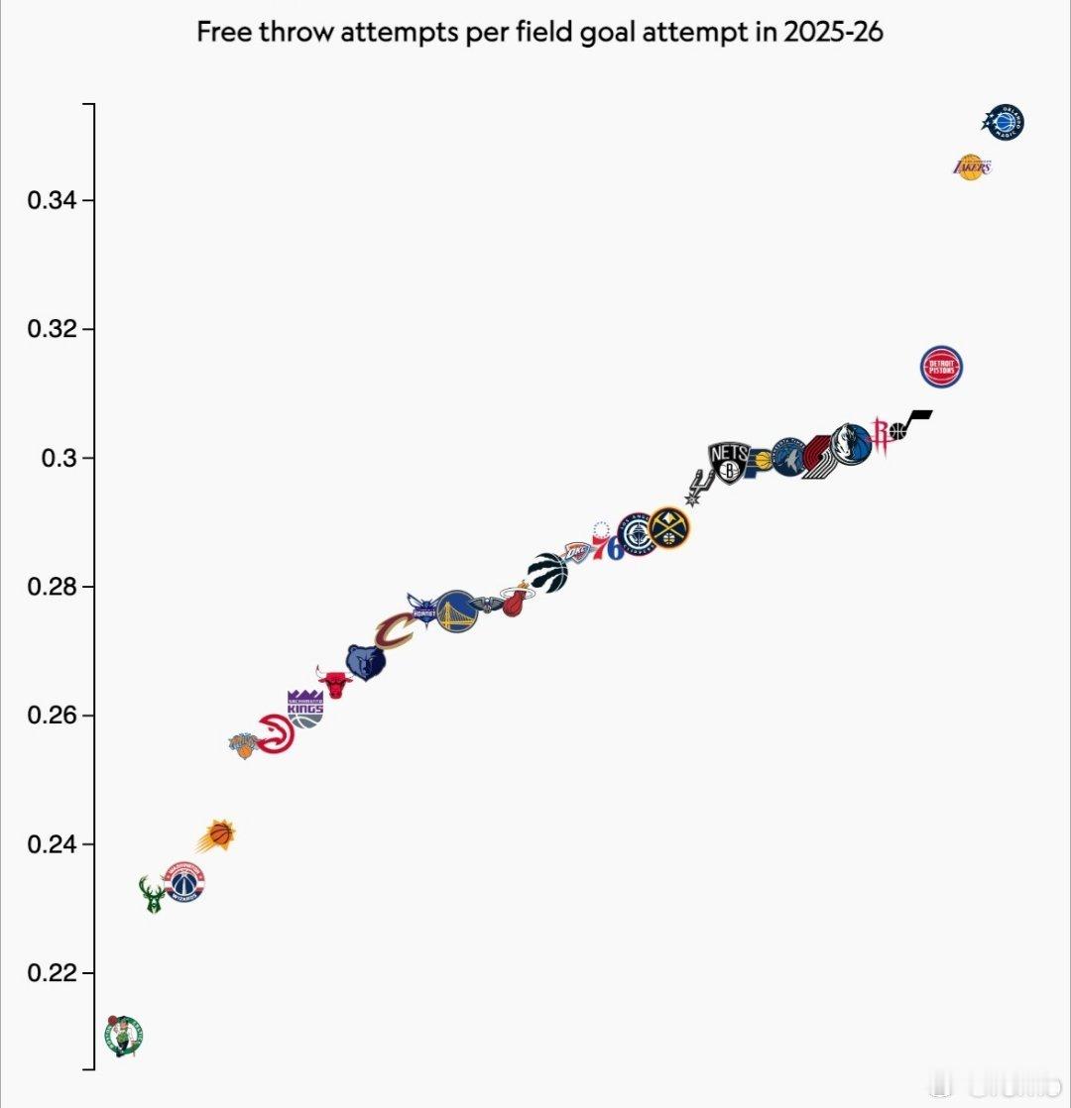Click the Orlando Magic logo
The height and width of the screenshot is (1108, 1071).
1004,123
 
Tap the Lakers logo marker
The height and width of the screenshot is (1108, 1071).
972,167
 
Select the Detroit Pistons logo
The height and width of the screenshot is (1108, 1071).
941,368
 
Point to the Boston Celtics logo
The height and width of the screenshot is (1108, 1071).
126,1036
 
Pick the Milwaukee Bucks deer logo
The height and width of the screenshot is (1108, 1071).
153,894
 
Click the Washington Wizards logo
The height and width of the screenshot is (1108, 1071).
184,882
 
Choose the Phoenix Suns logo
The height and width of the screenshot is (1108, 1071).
217,836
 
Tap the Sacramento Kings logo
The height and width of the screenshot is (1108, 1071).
304,709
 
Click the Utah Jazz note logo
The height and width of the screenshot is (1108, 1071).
910,424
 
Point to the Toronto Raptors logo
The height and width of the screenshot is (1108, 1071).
548,573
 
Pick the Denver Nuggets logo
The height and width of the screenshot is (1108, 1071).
670,528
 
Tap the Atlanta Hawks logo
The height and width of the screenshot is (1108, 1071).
277,734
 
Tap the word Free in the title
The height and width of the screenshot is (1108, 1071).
219,33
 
